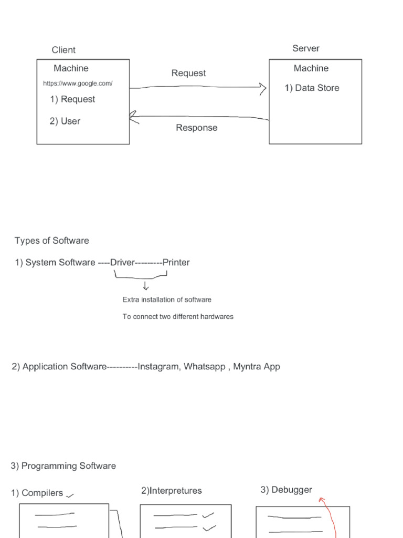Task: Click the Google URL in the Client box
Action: click(78, 84)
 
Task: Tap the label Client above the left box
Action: click(63, 50)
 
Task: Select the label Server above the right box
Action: click(306, 48)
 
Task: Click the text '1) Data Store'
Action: click(312, 88)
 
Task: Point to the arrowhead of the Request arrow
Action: click(263, 88)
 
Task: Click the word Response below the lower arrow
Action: click(197, 128)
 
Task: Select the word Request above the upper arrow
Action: click(188, 73)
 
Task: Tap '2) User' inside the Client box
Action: click(65, 121)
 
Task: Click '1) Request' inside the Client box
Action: click(72, 99)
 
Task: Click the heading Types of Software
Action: click(52, 241)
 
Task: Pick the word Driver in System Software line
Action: click(122, 262)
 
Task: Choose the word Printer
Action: click(176, 262)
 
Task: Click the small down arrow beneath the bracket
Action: click(145, 286)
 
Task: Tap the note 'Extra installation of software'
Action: click(167, 299)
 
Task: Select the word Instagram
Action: click(158, 367)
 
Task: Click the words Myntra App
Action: click(257, 367)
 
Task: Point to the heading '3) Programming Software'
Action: click(63, 466)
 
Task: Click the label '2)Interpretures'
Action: click(171, 491)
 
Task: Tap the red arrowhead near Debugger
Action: click(322, 501)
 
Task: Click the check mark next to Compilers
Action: click(70, 494)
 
